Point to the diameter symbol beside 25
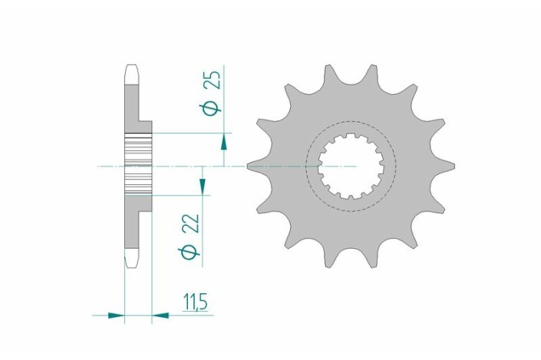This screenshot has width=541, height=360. [x=213, y=108]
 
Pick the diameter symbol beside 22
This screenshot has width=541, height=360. [x=192, y=252]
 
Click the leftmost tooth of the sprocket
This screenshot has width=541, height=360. [x=253, y=165]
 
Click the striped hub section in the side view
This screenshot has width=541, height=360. [x=138, y=166]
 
